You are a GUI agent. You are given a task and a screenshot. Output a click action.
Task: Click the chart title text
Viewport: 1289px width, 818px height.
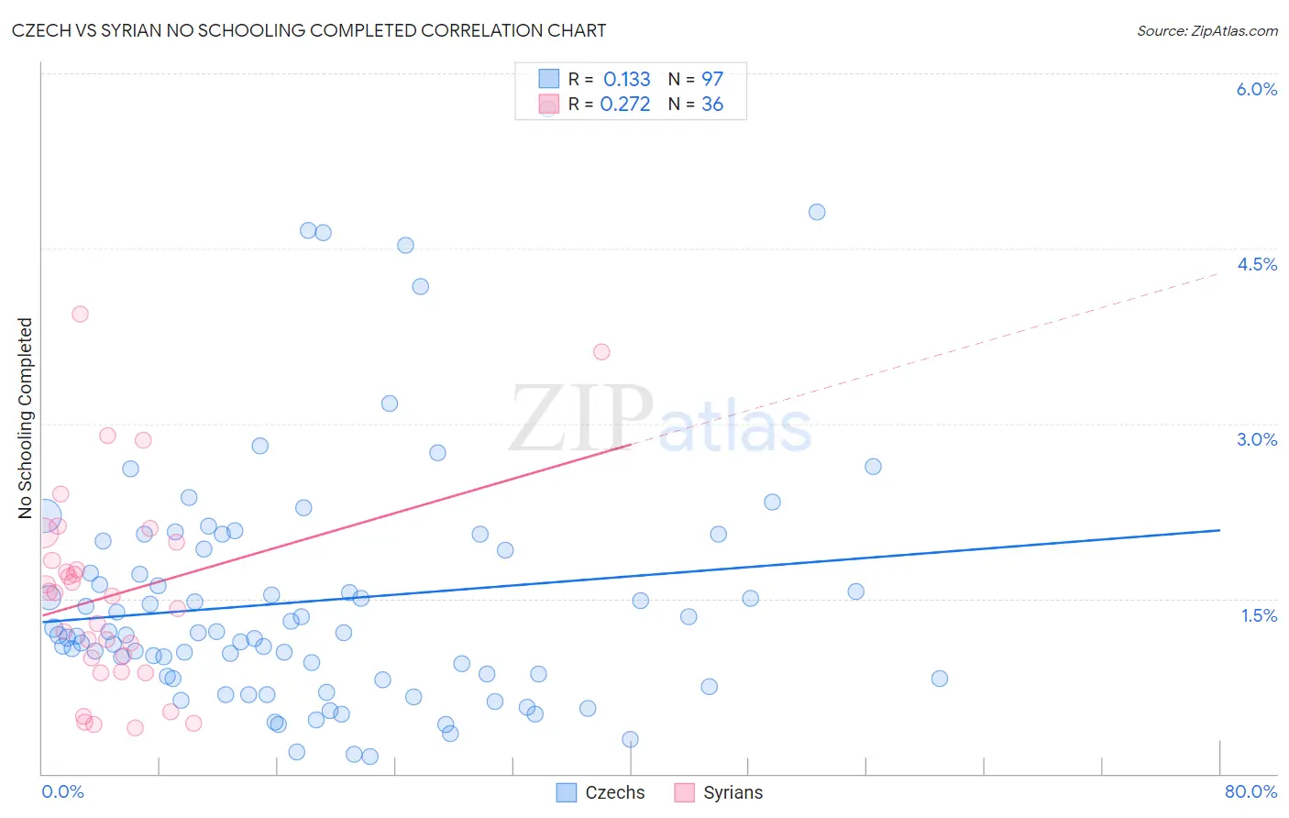[309, 30]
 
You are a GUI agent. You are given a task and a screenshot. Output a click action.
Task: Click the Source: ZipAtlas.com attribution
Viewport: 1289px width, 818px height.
[1206, 31]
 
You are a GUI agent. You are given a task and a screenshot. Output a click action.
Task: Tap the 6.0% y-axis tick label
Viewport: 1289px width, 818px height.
[1256, 89]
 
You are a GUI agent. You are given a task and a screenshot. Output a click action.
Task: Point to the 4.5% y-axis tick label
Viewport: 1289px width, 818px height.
[1257, 264]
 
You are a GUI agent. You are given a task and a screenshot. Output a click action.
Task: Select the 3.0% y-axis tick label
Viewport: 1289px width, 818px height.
[1256, 439]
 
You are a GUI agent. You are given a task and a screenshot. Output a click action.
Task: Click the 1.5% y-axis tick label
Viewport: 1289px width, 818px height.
[1259, 615]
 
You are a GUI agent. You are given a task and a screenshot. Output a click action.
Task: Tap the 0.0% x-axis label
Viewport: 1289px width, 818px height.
[62, 791]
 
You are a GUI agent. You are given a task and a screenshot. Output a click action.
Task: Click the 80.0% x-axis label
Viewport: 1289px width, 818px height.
[1250, 791]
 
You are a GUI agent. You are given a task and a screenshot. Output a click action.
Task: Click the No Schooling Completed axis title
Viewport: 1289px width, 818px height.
[26, 418]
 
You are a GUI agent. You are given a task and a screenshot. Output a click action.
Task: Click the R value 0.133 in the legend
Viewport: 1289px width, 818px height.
[626, 79]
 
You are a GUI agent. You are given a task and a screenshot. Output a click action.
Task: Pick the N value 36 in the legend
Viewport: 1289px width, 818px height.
[712, 105]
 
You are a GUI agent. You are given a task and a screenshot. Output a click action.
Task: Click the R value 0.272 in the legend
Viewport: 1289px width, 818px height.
[625, 105]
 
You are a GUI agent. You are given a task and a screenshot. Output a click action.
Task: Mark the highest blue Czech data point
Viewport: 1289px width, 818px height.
[817, 212]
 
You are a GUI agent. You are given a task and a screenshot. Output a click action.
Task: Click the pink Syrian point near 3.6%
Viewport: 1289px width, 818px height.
[601, 351]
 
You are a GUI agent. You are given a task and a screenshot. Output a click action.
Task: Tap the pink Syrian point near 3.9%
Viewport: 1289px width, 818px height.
[80, 314]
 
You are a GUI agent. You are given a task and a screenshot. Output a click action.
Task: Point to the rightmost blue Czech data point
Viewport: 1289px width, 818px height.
[939, 679]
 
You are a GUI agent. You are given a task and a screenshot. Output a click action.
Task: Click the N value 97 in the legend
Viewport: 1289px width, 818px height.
[712, 79]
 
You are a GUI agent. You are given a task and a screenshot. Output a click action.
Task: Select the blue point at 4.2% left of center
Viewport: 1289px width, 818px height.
[420, 286]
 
